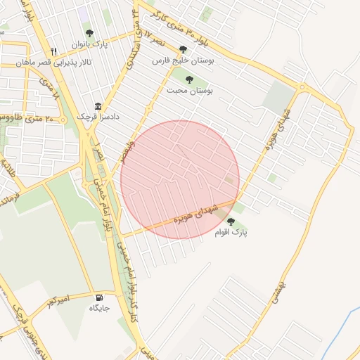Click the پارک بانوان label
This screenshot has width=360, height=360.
point(89,44)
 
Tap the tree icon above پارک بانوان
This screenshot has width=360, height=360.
point(89,33)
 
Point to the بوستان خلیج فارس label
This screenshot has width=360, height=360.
point(184,60)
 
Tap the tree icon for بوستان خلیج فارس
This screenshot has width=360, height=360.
point(184,49)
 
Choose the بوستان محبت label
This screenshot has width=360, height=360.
point(190,90)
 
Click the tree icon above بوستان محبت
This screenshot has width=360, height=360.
point(190,79)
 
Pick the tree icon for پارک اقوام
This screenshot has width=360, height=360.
point(231,221)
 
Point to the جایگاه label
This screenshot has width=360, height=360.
point(100,308)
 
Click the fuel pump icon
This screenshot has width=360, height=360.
point(100,297)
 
